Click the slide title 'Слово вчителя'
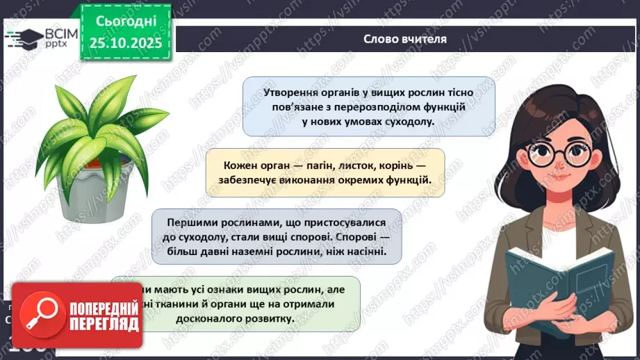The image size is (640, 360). coord(404,39)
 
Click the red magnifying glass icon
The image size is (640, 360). coord(38,313)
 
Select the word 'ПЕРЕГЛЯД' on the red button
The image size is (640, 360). coord(104,324)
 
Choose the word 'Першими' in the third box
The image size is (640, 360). coord(189,222)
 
